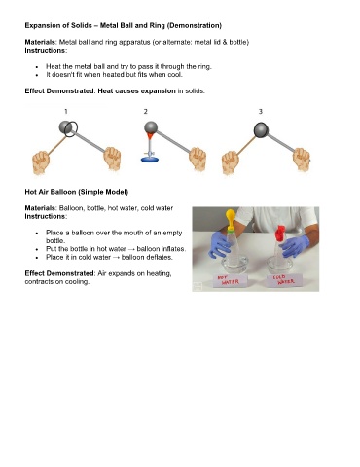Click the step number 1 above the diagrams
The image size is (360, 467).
66,112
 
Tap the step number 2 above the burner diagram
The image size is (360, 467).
146,112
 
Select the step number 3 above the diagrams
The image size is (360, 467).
260,112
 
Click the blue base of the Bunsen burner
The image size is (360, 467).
150,160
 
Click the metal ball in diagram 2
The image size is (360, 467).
151,127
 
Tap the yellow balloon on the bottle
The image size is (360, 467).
231,218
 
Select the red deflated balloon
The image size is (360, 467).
280,233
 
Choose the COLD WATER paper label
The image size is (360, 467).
284,280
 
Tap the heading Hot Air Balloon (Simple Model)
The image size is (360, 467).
77,192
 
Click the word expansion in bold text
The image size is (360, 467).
158,91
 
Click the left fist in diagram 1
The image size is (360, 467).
41,162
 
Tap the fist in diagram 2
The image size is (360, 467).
198,159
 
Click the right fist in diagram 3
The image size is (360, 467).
302,160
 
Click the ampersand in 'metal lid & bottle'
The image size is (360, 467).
225,42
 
